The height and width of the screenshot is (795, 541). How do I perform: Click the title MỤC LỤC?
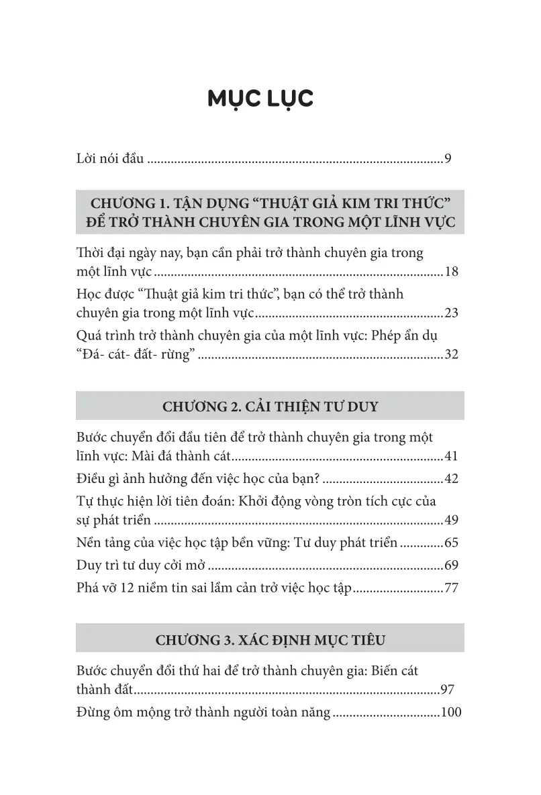coord(260,99)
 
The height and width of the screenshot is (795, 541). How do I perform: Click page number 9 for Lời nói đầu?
coord(448,160)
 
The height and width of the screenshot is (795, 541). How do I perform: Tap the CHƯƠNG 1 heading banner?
coord(270,213)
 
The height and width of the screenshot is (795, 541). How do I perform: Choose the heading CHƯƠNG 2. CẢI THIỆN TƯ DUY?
coord(270,407)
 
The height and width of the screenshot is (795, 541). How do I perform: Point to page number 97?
coord(448,690)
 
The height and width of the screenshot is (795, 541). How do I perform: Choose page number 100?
coord(451,712)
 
